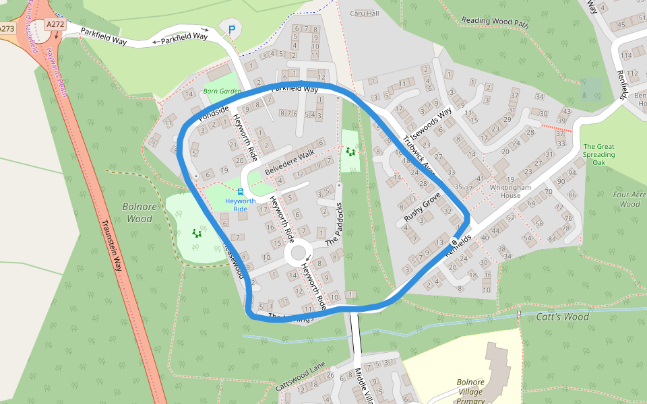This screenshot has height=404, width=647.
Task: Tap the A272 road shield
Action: tap(55, 24)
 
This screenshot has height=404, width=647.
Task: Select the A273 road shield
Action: tap(7, 29)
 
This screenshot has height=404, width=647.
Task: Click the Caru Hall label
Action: tap(364, 13)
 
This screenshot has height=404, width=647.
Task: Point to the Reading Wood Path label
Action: tap(495, 22)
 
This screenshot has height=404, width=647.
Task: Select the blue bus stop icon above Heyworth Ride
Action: tap(241, 191)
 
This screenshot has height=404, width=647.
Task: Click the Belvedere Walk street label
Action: tap(289, 162)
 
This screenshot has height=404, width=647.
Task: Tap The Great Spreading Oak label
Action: tap(598, 154)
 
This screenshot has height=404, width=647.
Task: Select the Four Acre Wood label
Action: tap(629, 199)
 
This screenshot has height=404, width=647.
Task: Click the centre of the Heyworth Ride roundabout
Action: tap(297, 255)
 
